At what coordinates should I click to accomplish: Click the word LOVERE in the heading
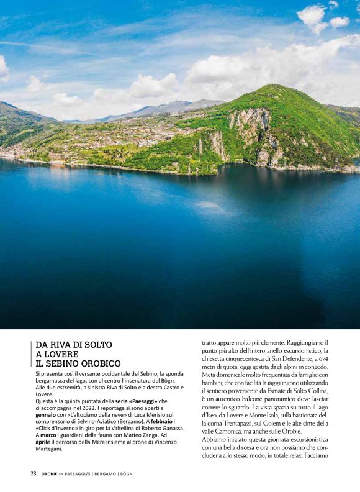pyautogui.click(x=61, y=353)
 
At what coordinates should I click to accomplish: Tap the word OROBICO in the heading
pyautogui.click(x=99, y=363)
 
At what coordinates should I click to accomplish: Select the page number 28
pyautogui.click(x=33, y=473)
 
